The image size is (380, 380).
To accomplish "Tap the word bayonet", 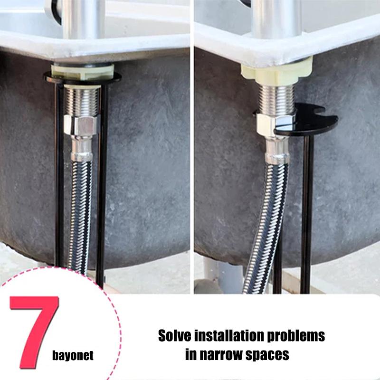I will (x=73, y=356).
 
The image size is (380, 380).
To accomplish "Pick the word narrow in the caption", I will (x=223, y=355).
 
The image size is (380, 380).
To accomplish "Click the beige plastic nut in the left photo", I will (x=83, y=72).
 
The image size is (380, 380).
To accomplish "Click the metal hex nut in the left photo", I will (x=81, y=126).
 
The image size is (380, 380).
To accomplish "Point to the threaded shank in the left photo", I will (x=81, y=100).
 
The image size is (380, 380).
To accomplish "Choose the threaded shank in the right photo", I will (x=275, y=100).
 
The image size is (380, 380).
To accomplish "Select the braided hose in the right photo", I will (x=266, y=223).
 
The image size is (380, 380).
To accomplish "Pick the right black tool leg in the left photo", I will (x=101, y=190).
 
